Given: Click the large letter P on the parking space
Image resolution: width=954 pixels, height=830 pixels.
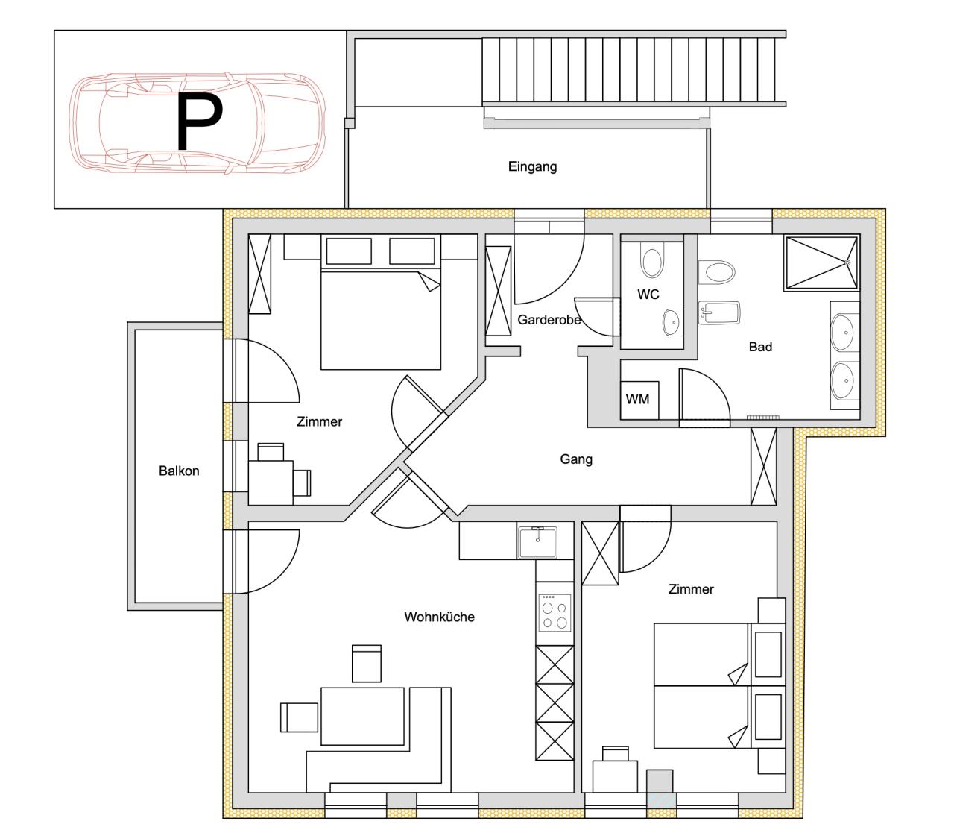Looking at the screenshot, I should pos(199,122).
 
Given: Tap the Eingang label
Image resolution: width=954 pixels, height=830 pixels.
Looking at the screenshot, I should pos(532,166).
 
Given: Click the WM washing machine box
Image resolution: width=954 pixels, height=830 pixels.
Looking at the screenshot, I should pos(637,399).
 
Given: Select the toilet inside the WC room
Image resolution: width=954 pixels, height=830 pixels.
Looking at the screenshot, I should pos(651,262).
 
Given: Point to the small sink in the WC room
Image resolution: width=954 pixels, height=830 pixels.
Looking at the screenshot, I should pos(672,322).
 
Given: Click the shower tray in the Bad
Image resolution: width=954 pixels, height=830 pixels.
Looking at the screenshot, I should pos(821,262).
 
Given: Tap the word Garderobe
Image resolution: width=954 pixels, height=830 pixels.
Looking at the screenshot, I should pos(549,320).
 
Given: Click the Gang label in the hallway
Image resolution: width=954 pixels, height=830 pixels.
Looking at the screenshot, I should pos(576,459).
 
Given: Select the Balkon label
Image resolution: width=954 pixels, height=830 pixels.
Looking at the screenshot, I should pos(179,471).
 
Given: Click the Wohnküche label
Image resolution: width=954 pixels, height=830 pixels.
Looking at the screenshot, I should pos(439,617).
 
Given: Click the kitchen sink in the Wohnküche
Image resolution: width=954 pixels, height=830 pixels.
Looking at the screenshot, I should pos(537,542).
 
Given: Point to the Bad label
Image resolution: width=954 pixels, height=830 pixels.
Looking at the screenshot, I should pos(760,347).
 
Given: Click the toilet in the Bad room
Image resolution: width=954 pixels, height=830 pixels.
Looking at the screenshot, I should pos(716,271).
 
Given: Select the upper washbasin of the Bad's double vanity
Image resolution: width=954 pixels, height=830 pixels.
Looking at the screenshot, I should pos(844,333).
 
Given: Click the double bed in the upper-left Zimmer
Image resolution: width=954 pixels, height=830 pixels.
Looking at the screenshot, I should pos(380,321).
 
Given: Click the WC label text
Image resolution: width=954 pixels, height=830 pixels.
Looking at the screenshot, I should pos(648,295).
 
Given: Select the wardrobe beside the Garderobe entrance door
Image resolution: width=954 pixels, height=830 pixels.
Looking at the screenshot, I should pos(499,291).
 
